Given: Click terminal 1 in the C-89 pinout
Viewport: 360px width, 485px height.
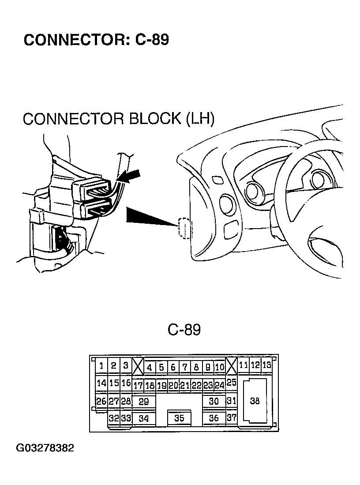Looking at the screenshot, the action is [101, 366].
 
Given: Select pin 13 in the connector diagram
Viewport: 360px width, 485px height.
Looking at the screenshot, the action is [266, 365].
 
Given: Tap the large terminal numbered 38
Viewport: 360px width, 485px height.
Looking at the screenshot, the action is [255, 401].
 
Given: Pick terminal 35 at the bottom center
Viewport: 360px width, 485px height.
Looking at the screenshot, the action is [179, 418].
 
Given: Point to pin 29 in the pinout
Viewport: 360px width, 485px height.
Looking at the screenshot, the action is [144, 402].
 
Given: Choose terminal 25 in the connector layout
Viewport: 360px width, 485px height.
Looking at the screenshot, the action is [231, 382].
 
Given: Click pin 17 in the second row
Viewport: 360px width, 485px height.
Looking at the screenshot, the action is [138, 385].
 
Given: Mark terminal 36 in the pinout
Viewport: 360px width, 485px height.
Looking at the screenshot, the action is [214, 418].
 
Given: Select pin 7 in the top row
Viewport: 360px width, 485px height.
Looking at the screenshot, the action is [185, 368].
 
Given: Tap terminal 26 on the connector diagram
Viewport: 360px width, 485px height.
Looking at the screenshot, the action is [101, 402].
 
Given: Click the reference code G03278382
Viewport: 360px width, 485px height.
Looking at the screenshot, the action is [45, 448].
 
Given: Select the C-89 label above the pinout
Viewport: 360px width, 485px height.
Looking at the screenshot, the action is [184, 330].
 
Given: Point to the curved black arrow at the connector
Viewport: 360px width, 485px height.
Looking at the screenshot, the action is [128, 178].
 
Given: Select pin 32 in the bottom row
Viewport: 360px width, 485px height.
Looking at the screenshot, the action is [114, 418].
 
